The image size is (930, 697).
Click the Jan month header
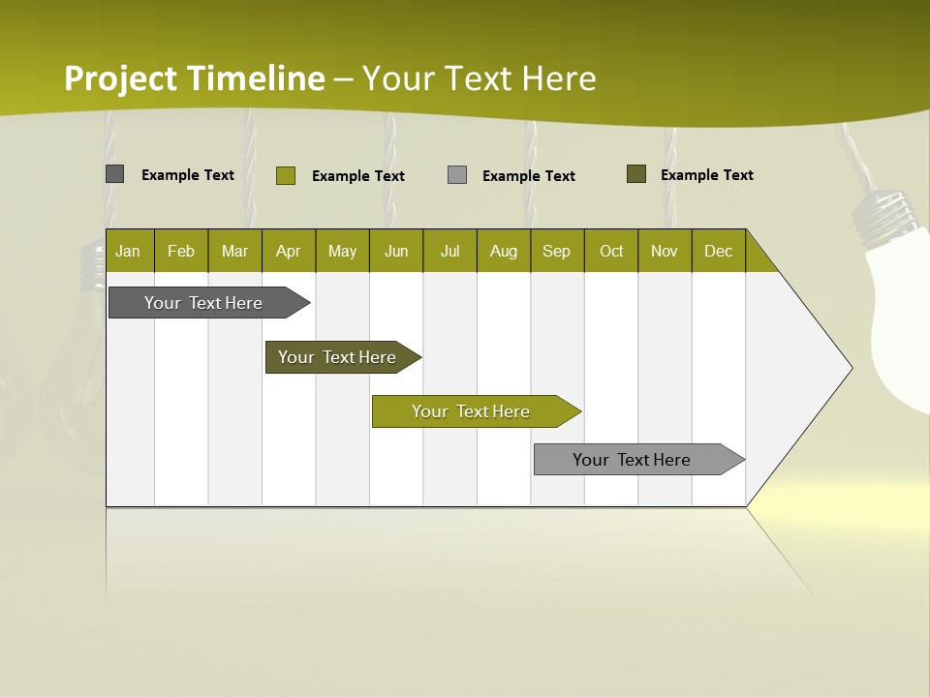(x=128, y=251)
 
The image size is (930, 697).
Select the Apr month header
(x=288, y=251)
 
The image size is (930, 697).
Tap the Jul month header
(x=449, y=251)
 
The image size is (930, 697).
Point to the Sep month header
(x=556, y=251)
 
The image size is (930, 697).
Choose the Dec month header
(x=718, y=251)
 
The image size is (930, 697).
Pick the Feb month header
(x=181, y=251)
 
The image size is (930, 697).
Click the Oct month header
(x=611, y=251)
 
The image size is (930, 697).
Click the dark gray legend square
(x=115, y=174)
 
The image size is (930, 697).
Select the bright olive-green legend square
(x=286, y=175)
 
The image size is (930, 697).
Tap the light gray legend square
(x=457, y=175)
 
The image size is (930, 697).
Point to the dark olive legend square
(x=636, y=174)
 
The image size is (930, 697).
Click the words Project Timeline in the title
(x=195, y=78)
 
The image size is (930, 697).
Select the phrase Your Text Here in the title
(x=480, y=78)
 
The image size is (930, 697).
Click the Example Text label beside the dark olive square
(x=706, y=175)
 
